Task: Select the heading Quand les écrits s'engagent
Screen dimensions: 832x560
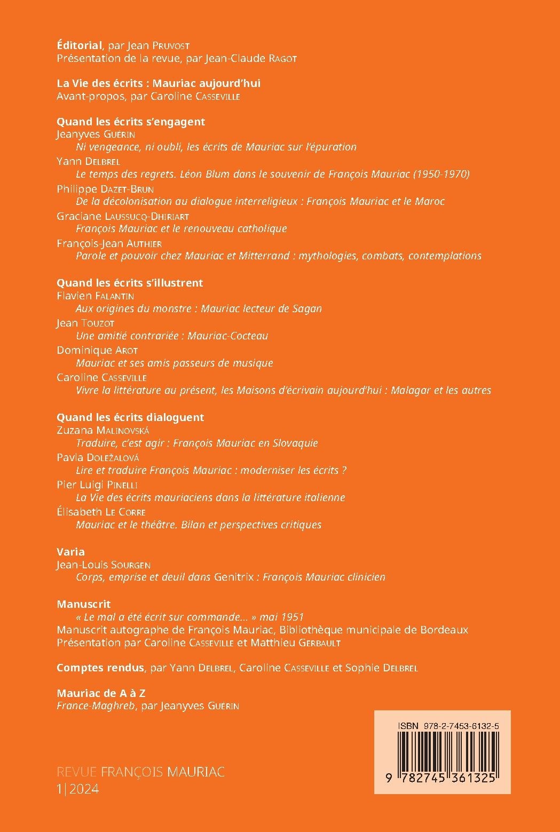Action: click(131, 122)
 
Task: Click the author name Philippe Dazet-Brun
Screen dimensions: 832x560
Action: click(105, 188)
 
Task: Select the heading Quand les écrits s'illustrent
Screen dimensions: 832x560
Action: click(130, 283)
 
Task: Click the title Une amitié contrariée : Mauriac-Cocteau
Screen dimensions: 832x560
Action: click(172, 336)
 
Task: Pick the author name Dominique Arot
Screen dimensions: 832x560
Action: click(97, 350)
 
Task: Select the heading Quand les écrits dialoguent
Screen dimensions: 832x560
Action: click(130, 417)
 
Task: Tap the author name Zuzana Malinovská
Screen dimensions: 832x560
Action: click(103, 430)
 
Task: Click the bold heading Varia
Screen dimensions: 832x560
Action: click(71, 552)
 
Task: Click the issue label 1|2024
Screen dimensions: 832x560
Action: click(78, 789)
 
